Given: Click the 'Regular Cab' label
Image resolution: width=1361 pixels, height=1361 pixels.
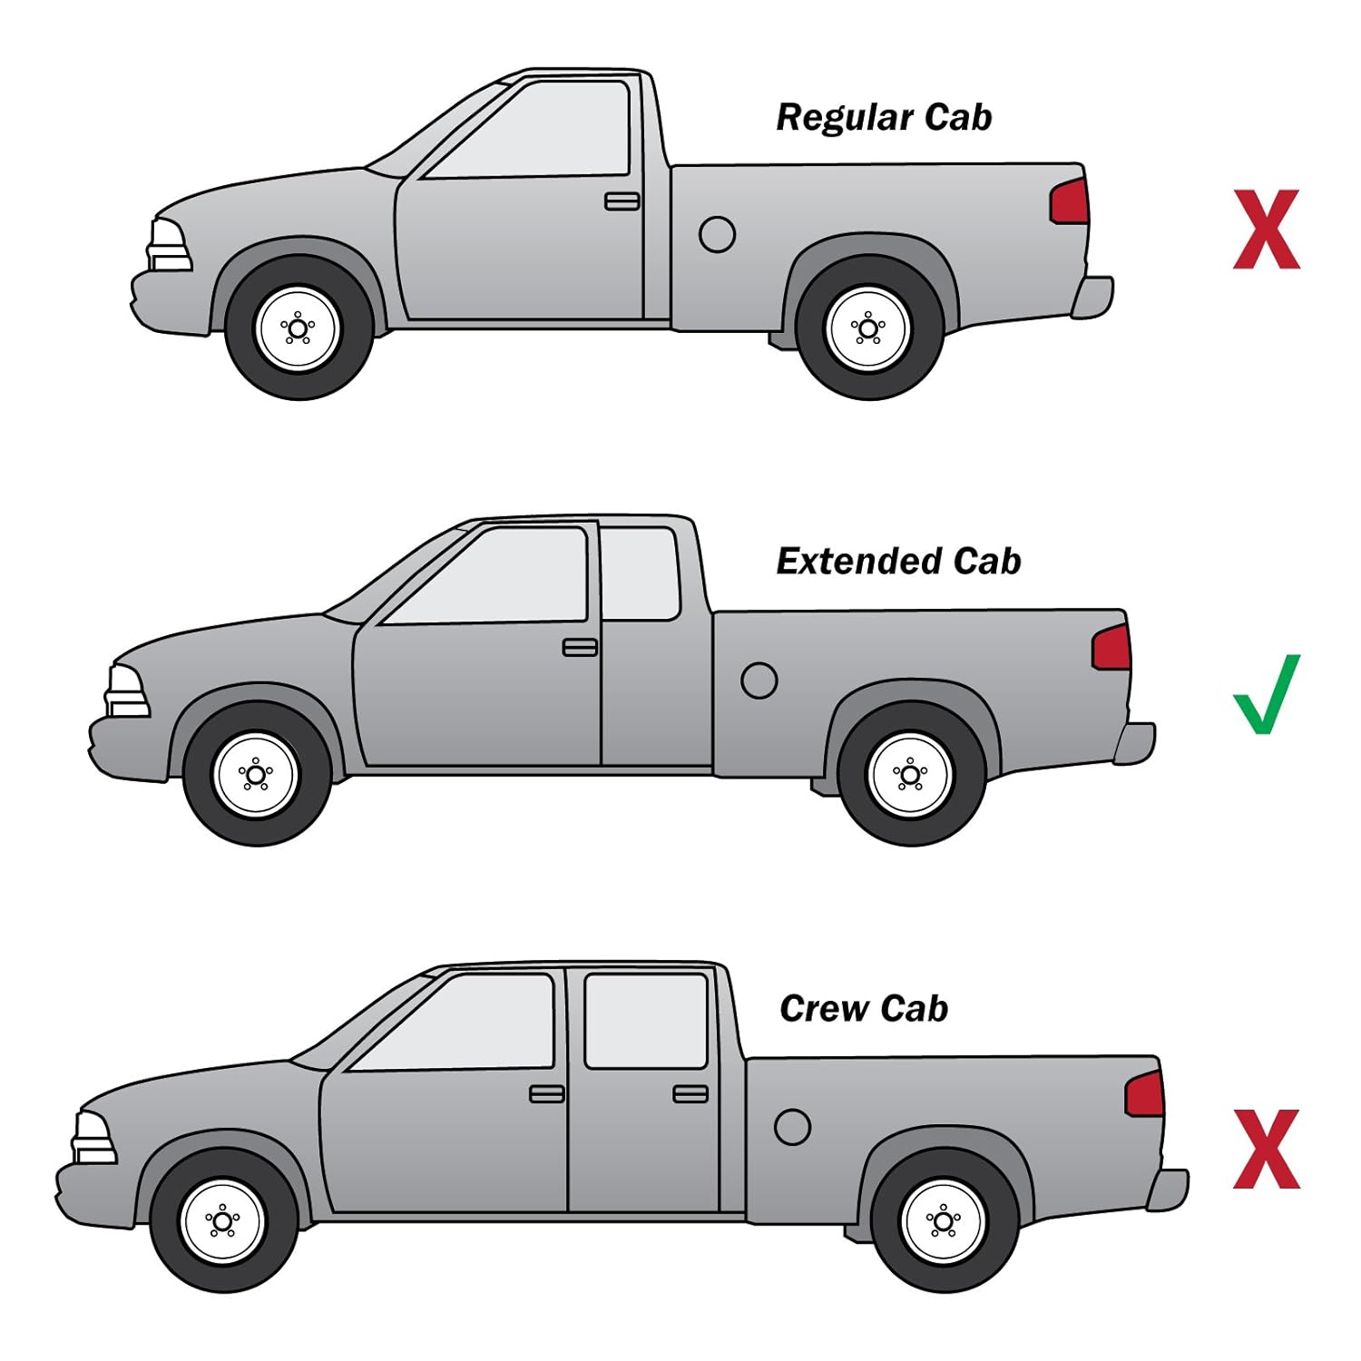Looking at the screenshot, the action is tap(884, 118).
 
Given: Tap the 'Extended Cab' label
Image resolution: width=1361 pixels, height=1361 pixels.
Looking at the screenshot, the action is tap(898, 562).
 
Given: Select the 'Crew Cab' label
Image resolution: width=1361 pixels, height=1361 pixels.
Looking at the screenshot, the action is tap(864, 1009).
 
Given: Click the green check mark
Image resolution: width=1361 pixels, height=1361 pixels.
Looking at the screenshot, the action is tap(1266, 694).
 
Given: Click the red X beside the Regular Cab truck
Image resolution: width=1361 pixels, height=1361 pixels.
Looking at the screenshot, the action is tap(1267, 230).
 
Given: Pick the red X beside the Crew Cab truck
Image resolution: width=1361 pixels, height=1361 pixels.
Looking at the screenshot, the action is tap(1267, 1149).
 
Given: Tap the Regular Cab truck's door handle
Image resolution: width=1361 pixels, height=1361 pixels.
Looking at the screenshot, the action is tap(622, 201).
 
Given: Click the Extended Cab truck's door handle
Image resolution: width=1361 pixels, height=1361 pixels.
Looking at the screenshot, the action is tap(580, 647).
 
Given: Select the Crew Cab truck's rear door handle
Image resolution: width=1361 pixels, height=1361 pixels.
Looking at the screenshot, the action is tap(690, 1093).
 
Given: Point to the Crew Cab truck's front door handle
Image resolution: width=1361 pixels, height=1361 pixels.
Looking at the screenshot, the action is tap(546, 1093).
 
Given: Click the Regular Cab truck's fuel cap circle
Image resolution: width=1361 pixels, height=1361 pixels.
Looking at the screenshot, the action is tap(717, 234).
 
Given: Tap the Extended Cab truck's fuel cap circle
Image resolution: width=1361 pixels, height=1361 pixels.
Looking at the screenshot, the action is tap(759, 680).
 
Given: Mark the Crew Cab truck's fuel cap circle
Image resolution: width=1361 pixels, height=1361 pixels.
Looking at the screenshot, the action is tap(792, 1127).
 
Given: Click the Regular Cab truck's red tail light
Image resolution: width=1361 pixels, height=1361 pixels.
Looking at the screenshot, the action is tap(1070, 201).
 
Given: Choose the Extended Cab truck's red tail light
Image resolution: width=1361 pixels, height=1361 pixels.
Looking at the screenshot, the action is tap(1111, 648).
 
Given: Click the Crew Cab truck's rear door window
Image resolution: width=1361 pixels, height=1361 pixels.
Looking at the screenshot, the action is tap(645, 1021).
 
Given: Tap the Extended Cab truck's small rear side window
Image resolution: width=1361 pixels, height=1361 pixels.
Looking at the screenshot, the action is tap(640, 573).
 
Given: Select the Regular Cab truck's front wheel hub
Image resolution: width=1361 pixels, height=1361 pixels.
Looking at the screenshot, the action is tap(298, 328).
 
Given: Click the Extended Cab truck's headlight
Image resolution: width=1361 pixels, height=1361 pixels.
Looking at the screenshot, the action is tap(127, 691).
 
